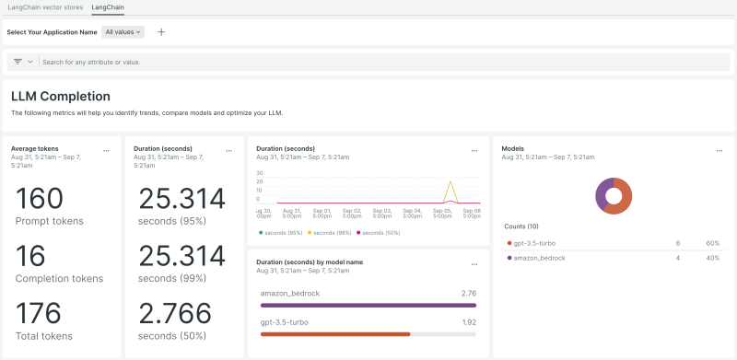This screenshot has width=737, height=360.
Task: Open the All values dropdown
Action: [123, 31]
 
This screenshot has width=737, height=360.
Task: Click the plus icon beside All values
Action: [161, 31]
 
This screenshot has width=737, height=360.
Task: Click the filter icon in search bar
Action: [18, 62]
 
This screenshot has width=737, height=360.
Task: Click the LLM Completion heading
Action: [61, 96]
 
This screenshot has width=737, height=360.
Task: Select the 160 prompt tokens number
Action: [41, 199]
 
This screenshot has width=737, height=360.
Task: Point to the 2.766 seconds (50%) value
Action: [181, 313]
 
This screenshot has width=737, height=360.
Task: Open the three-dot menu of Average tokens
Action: [107, 149]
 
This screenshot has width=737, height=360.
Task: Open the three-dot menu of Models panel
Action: [719, 149]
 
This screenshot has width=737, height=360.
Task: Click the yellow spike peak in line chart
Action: [450, 182]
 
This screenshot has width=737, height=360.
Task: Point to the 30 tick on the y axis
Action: [260, 173]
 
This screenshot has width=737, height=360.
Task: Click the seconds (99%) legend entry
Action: [333, 233]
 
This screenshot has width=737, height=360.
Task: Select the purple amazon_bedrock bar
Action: [368, 305]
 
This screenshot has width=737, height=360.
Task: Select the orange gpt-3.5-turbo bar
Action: [335, 334]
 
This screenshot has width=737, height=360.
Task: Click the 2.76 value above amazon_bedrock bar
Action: [467, 292]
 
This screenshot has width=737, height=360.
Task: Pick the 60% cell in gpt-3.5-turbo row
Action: [712, 243]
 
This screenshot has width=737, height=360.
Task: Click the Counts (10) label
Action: [521, 226]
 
